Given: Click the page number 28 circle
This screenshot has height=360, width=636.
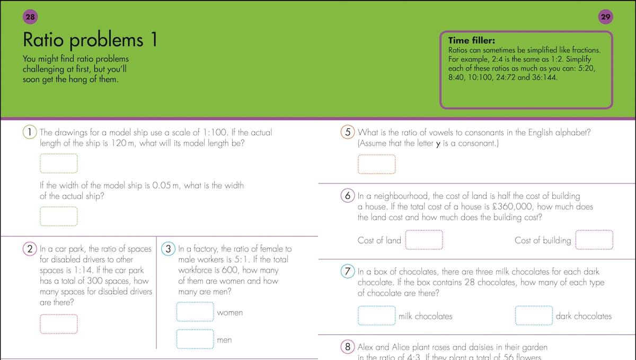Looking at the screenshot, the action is point(30,17).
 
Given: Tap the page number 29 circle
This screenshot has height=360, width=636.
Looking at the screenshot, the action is point(605,17).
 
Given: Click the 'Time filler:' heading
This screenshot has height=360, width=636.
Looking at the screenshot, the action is point(472,40).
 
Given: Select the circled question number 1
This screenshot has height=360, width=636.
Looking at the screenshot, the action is point(30,132).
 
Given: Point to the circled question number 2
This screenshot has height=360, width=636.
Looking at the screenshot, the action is point(30,249).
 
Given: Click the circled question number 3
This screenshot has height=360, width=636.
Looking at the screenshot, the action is point(168,249).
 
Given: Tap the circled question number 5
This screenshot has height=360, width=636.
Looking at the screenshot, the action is point(348,132).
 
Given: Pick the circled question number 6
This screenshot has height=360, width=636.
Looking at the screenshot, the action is point(348,196).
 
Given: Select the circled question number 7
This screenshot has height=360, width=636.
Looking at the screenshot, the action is point(348,271).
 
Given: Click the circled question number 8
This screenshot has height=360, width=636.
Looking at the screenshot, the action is point(348,347).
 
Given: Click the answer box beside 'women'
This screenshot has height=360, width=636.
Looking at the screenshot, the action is point(195,312).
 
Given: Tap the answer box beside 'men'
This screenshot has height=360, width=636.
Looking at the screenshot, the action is point(195,339).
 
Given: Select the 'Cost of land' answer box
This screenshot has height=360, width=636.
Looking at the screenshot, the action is point(424,240).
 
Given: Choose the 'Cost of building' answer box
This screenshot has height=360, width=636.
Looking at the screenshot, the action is point(594,240).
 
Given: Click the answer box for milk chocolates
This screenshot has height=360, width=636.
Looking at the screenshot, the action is point(376,315).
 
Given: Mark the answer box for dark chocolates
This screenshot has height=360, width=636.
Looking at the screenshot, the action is point(534,315).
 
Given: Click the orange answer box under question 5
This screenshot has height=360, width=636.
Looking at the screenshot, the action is point(376,164).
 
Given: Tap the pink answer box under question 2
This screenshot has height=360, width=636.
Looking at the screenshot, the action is point(59,324).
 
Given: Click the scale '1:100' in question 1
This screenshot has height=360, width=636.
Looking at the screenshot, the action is point(215,133).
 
